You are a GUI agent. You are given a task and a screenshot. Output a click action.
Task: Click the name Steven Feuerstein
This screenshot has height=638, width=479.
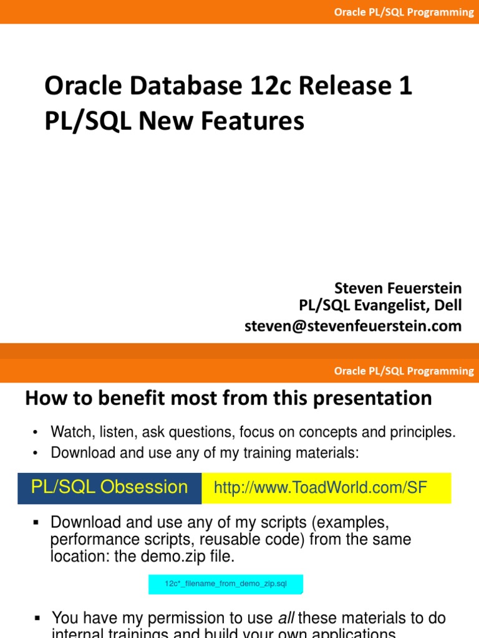(398, 288)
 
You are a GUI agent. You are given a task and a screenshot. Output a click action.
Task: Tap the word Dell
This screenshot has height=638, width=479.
(448, 306)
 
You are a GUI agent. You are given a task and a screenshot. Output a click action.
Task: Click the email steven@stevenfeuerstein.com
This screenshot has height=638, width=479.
(353, 325)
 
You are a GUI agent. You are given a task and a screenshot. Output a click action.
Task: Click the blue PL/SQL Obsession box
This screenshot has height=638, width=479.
(109, 487)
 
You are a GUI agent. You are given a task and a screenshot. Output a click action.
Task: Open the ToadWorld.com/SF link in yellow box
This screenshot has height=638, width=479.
(320, 488)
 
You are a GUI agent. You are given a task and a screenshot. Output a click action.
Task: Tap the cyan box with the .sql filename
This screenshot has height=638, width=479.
(225, 584)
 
